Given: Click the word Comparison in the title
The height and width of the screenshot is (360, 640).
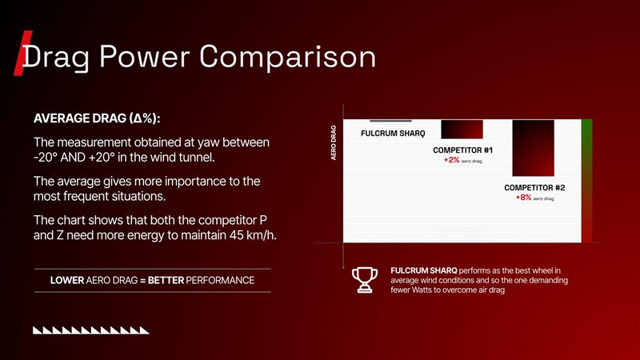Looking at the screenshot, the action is click(287, 57).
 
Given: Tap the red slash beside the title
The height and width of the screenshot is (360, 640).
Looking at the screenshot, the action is click(23, 53).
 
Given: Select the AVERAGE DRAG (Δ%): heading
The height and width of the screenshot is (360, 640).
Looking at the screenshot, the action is click(97, 118).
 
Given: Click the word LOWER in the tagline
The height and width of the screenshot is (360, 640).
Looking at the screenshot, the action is click(67, 281).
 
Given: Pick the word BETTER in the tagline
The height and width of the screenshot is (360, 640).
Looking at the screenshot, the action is click(166, 281).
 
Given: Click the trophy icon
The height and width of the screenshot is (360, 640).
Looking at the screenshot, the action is click(365, 280).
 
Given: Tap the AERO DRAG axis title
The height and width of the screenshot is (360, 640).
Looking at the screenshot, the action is click(334, 142).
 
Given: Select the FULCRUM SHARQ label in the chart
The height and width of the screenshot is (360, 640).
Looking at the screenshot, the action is click(393, 134).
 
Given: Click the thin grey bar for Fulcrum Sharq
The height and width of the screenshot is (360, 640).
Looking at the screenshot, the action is click(390, 121).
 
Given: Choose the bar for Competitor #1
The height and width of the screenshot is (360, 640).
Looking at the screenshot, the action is click(462, 129).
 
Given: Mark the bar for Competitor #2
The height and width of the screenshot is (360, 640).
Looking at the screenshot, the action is click(534, 148).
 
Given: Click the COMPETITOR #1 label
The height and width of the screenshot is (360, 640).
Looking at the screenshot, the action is click(462, 150).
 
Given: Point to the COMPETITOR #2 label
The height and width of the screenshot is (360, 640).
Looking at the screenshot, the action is click(534, 188).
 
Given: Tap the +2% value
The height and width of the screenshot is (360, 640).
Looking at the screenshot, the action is click(451, 160).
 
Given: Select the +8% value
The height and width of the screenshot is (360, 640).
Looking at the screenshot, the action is click(523, 198).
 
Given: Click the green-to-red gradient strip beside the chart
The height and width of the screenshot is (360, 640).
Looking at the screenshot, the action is click(587, 181).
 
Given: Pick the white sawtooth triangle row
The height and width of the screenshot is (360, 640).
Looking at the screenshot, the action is click(91, 330).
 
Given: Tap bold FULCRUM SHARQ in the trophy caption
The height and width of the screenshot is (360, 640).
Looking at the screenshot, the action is click(424, 270).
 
